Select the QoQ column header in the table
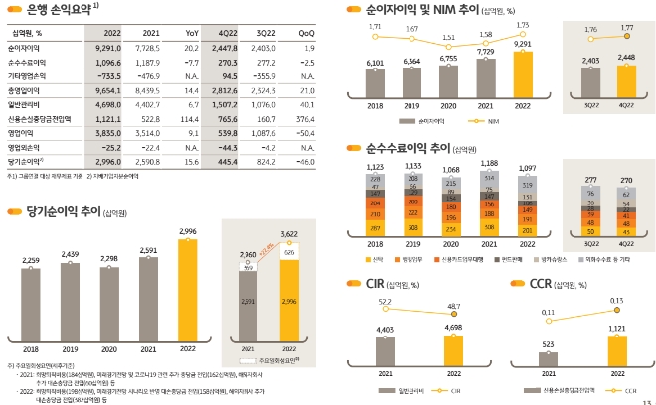click(307, 33)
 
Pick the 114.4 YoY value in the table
click(191, 116)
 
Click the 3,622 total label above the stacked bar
click(289, 234)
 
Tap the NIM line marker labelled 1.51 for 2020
click(448, 47)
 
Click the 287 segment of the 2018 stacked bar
click(375, 228)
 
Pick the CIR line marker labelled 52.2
click(386, 309)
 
